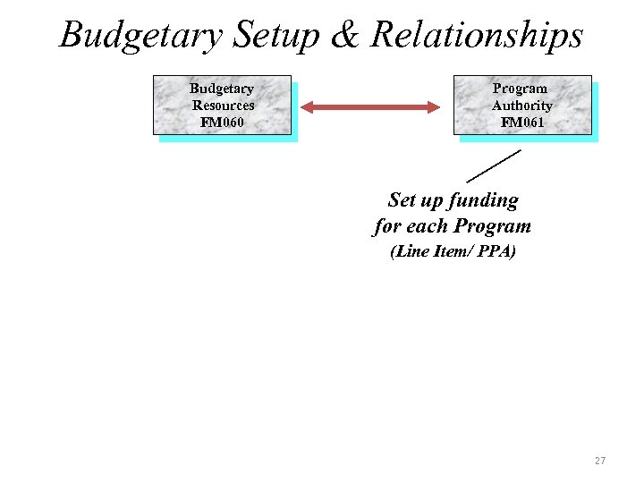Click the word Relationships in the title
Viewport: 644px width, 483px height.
tap(477, 36)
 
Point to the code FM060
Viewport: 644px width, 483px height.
tap(222, 122)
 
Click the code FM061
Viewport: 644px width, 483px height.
tap(522, 122)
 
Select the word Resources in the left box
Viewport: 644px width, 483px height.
tap(223, 106)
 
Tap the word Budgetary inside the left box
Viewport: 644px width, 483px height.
tap(222, 89)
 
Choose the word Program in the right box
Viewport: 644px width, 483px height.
tap(520, 89)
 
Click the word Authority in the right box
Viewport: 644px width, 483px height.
tap(522, 106)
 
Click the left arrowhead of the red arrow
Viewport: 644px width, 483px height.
tap(307, 107)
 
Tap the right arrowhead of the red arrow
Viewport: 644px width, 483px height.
tap(434, 107)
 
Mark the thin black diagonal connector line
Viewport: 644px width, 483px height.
tap(493, 165)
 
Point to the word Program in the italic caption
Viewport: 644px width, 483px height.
tap(492, 226)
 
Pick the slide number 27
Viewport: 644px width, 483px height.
tap(599, 461)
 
